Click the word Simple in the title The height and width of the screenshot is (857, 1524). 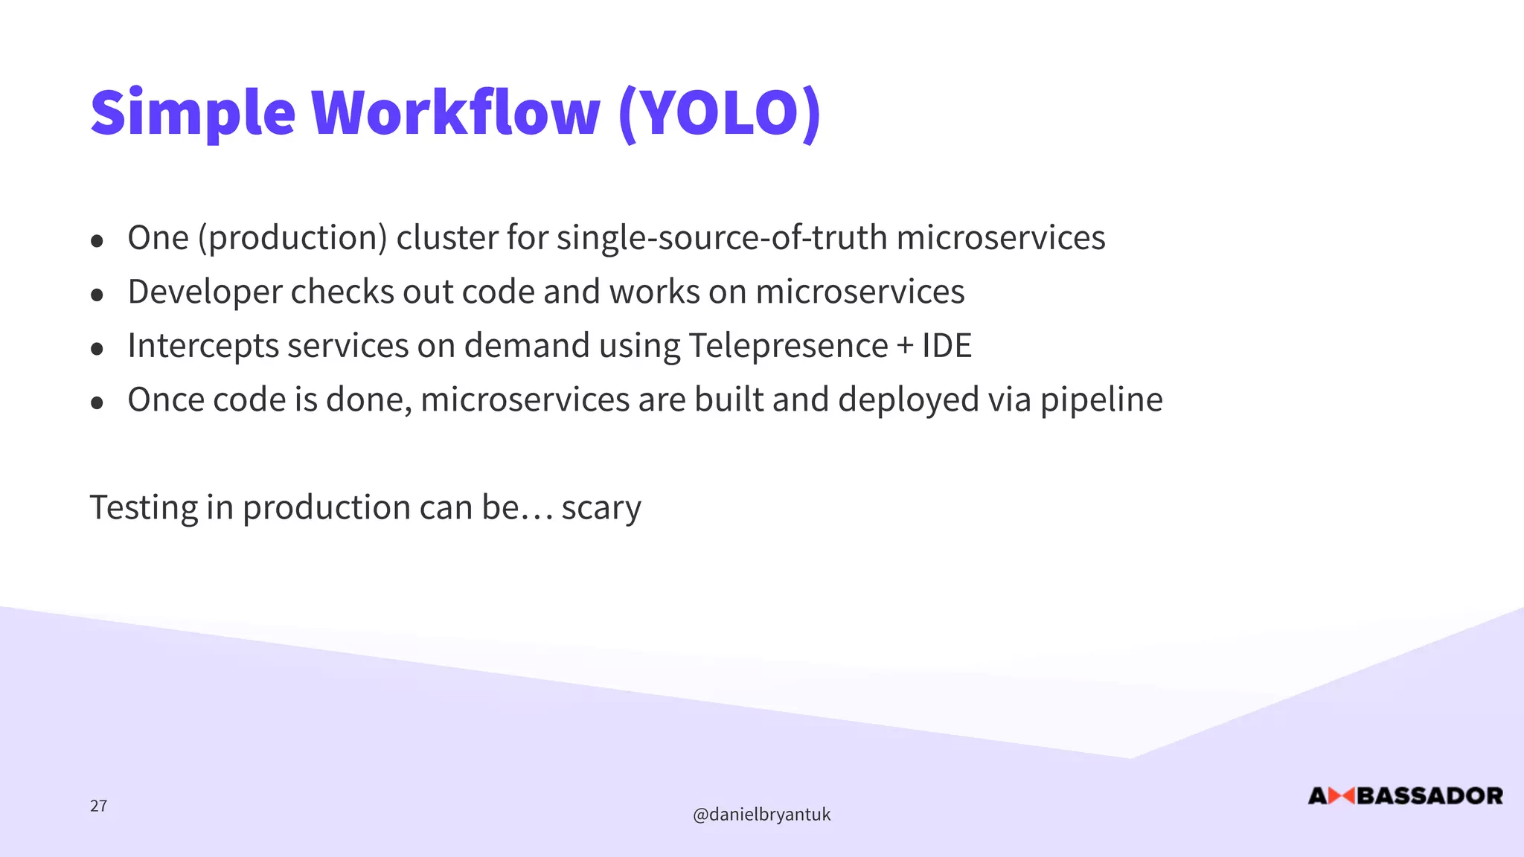[x=192, y=113]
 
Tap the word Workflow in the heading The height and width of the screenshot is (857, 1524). [x=455, y=113]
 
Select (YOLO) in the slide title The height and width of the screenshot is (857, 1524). [x=720, y=113]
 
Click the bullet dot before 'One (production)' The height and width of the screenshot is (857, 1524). [x=97, y=240]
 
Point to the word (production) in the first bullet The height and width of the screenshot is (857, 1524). [x=292, y=238]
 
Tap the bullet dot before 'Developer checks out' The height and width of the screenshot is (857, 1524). [x=97, y=295]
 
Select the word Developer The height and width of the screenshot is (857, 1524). [x=205, y=292]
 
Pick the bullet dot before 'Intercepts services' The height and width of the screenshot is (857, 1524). [x=97, y=348]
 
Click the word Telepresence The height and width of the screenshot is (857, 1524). [x=788, y=346]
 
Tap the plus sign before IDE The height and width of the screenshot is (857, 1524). [x=905, y=347]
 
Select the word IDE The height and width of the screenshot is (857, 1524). [x=947, y=346]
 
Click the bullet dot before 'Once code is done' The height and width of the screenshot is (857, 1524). [x=97, y=402]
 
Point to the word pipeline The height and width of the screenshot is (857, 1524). [x=1101, y=400]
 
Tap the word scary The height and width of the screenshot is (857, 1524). [x=601, y=508]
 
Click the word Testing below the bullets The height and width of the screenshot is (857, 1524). [x=144, y=508]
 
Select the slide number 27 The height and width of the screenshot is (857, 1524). [x=98, y=806]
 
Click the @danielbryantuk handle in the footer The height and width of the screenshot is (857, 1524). [x=761, y=815]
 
